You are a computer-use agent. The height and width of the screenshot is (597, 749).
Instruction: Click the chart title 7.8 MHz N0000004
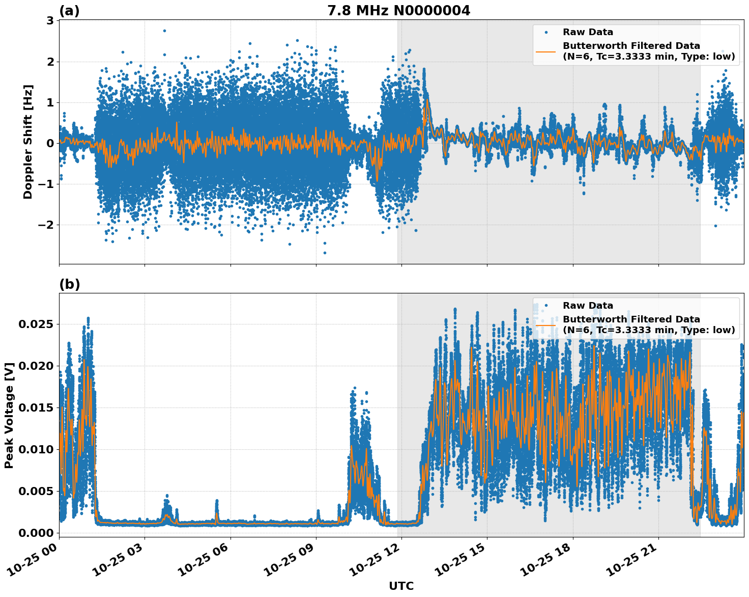[x=398, y=10]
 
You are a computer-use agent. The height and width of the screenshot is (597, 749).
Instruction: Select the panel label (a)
[x=69, y=11]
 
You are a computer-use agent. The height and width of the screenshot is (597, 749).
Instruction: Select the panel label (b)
[x=69, y=284]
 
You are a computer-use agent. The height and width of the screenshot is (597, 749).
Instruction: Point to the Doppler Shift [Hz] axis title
[x=28, y=142]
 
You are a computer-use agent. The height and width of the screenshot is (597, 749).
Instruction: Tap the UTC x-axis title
[x=401, y=586]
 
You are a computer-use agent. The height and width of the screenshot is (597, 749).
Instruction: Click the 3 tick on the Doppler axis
[x=50, y=21]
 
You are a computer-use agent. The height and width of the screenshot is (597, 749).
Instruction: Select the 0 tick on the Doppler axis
[x=50, y=143]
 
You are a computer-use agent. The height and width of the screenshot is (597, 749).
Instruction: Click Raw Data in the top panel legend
[x=588, y=32]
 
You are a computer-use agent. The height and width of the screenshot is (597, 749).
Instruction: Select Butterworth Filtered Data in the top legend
[x=631, y=46]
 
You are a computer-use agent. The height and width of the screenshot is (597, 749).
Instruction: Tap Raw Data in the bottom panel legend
[x=588, y=306]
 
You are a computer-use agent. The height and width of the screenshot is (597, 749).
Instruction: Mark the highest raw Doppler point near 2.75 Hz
[x=164, y=31]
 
